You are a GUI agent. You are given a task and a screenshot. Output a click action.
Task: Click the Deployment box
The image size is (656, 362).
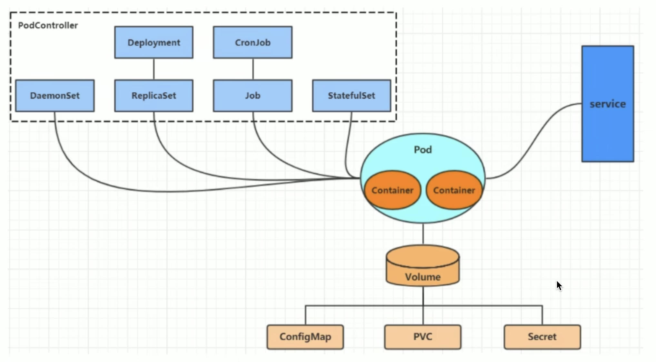(x=154, y=43)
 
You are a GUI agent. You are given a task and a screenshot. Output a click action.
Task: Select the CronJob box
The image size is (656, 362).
(x=253, y=43)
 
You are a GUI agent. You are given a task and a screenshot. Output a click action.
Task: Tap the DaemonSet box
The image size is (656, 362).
(x=55, y=96)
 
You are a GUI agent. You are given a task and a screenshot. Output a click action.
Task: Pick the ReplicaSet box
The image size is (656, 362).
(x=154, y=96)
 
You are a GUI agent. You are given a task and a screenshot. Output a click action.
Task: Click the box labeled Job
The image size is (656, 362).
(x=253, y=96)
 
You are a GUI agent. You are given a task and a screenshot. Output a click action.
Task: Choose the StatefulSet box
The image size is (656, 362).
(x=352, y=96)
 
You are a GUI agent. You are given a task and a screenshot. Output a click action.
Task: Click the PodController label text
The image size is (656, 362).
(x=48, y=25)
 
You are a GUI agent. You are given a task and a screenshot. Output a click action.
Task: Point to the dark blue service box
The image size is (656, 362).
(x=608, y=104)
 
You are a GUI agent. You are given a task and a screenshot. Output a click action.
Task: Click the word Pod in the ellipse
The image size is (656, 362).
(x=422, y=150)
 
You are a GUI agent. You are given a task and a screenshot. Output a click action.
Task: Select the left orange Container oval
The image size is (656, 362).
(x=393, y=190)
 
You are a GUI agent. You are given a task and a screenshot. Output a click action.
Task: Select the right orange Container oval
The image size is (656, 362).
(x=454, y=190)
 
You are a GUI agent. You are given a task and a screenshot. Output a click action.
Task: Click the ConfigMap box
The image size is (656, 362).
(x=305, y=337)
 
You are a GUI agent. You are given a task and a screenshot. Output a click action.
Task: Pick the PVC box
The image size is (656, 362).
(x=423, y=337)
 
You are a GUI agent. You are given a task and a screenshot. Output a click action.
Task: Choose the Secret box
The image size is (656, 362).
(x=542, y=337)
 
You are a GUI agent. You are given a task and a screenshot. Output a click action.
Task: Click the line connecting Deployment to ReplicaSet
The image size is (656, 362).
(x=154, y=69)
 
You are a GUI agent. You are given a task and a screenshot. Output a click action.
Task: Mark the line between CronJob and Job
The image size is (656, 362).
(x=253, y=69)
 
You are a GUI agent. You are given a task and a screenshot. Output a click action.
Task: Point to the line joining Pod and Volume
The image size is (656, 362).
(x=423, y=234)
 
